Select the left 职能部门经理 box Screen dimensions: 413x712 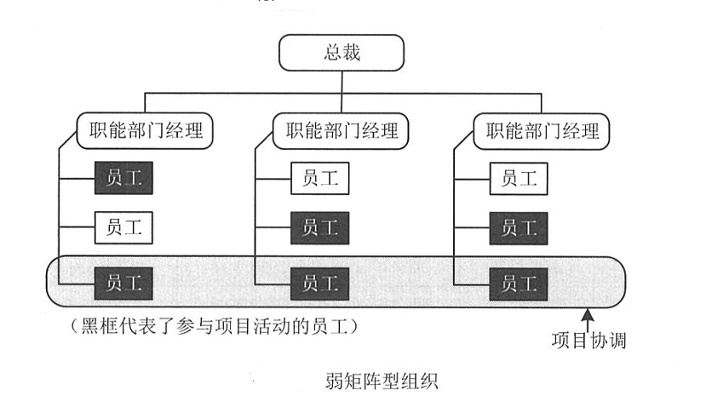click(145, 131)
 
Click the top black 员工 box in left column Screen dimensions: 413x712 click(123, 179)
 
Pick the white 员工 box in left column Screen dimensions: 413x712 click(123, 228)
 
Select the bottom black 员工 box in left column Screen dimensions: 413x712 click(123, 279)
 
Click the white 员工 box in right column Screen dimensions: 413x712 click(519, 179)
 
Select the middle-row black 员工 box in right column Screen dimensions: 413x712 click(519, 228)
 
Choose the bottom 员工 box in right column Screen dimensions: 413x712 click(519, 279)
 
